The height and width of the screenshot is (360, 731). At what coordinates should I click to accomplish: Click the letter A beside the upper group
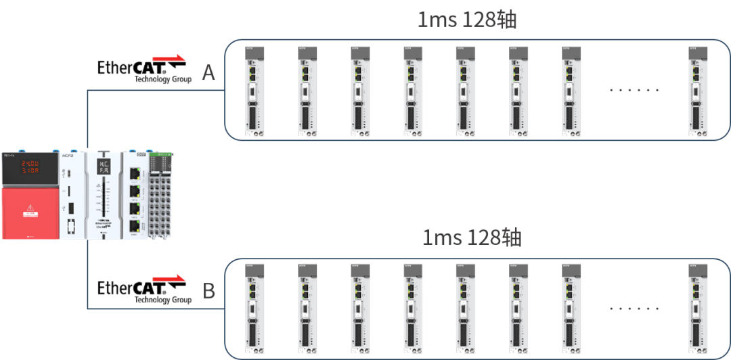pyautogui.click(x=208, y=72)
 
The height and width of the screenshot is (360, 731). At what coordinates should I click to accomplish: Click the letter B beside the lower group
pyautogui.click(x=209, y=292)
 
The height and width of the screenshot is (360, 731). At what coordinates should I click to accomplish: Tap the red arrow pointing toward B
pyautogui.click(x=169, y=277)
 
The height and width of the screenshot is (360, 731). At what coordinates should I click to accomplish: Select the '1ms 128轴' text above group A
pyautogui.click(x=467, y=20)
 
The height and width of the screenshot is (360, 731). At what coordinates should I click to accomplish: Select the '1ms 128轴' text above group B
pyautogui.click(x=472, y=238)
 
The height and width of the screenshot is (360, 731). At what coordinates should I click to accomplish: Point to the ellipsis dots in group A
pyautogui.click(x=634, y=89)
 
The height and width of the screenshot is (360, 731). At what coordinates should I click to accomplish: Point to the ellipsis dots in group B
pyautogui.click(x=634, y=308)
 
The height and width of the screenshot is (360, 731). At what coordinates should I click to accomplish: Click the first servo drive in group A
pyautogui.click(x=254, y=91)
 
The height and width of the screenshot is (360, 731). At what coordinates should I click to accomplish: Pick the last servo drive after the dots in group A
pyautogui.click(x=698, y=91)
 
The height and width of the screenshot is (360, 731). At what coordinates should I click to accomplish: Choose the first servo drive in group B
pyautogui.click(x=254, y=310)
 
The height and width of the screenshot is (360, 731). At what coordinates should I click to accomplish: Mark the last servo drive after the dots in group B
pyautogui.click(x=698, y=310)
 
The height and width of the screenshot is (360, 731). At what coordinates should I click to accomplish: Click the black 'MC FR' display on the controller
pyautogui.click(x=103, y=166)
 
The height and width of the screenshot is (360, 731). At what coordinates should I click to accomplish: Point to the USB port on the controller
pyautogui.click(x=72, y=203)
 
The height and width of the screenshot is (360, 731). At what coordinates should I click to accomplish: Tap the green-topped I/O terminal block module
pyautogui.click(x=161, y=196)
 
